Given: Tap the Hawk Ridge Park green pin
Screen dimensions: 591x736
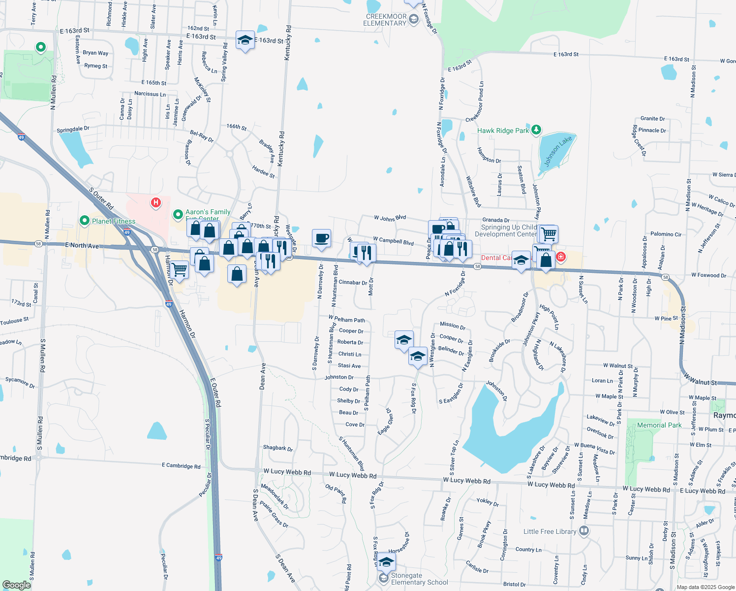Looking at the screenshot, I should point(536,130).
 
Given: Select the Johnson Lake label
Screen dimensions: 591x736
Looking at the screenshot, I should point(558,151).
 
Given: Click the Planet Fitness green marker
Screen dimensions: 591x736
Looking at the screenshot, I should point(85,221).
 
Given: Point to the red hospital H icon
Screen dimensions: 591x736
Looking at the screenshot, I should point(156,202).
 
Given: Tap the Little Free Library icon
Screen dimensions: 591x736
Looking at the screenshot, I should point(584,531).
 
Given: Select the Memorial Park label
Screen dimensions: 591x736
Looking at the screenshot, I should point(659,425).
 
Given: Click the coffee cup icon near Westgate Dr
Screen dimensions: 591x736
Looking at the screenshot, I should point(322,239).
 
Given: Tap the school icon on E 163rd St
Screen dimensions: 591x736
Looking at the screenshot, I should point(245,40).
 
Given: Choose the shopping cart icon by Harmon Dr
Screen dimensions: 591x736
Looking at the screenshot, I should point(179,270).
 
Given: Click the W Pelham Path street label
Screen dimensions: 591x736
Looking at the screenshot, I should point(347,320).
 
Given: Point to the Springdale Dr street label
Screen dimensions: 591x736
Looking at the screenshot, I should point(73,130).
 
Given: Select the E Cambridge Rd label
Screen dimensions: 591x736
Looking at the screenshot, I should point(181,465).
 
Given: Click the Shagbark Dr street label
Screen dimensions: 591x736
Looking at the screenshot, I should point(278,448).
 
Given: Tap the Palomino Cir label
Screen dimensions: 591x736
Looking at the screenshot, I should point(666,234).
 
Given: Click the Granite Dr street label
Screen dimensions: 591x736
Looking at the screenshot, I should point(652,119).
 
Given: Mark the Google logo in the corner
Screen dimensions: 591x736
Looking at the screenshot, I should point(16,585).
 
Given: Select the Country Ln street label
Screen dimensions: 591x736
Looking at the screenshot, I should point(528,550).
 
